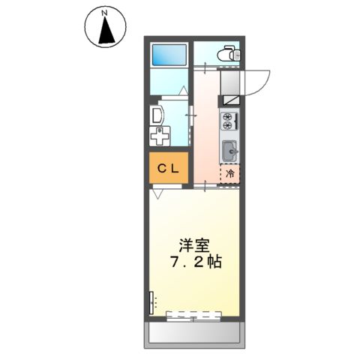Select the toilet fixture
pos(226,54)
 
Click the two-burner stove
pos(229,119)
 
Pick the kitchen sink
pos(229,150)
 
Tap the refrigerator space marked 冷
pos(229,172)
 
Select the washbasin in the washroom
pos(156,115)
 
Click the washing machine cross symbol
pos(158,137)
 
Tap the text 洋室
pos(193,245)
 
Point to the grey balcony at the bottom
pos(193,331)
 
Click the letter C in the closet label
pos(160,169)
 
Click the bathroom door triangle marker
pos(182,91)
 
